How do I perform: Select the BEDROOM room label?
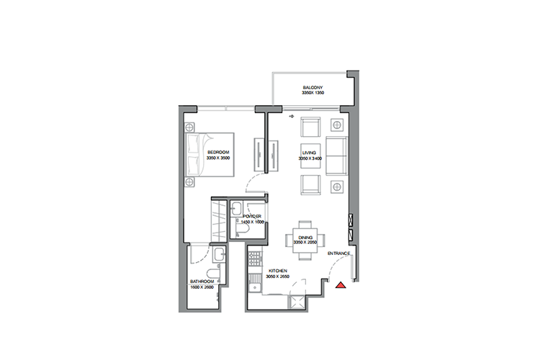pos(218,153)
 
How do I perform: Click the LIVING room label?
pos(310,153)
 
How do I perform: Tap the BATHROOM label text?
pos(202,282)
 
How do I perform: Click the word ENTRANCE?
pos(338,254)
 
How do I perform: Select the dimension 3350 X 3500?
pos(218,159)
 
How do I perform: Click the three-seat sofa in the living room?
pos(336,156)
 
